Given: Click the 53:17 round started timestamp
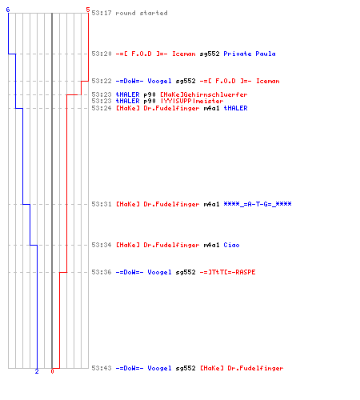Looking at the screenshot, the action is (102, 13).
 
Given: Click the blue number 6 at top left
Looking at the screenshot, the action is (8, 10).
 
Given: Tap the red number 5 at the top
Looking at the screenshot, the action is (88, 10).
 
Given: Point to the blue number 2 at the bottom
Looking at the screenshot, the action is (37, 371).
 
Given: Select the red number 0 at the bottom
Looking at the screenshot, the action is (52, 371).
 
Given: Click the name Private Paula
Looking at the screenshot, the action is (250, 54).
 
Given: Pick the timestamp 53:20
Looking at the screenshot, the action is (102, 54).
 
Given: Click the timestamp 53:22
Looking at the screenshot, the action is (102, 81).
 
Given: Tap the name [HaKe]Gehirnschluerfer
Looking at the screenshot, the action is (204, 94).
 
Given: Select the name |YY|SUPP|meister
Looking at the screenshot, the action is (192, 101).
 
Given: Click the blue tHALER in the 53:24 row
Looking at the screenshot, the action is (235, 108).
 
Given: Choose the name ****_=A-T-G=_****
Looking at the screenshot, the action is (258, 204).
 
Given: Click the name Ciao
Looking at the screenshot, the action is (231, 245).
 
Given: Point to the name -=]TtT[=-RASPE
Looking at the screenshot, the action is (227, 272).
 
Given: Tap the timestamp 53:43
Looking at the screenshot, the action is (102, 368).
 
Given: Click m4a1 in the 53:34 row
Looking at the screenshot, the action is (211, 245).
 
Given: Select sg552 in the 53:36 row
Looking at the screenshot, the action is (186, 272).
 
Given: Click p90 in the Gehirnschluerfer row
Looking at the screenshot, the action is (150, 94).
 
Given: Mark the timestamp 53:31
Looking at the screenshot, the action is (102, 204).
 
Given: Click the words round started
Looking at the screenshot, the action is (142, 13).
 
